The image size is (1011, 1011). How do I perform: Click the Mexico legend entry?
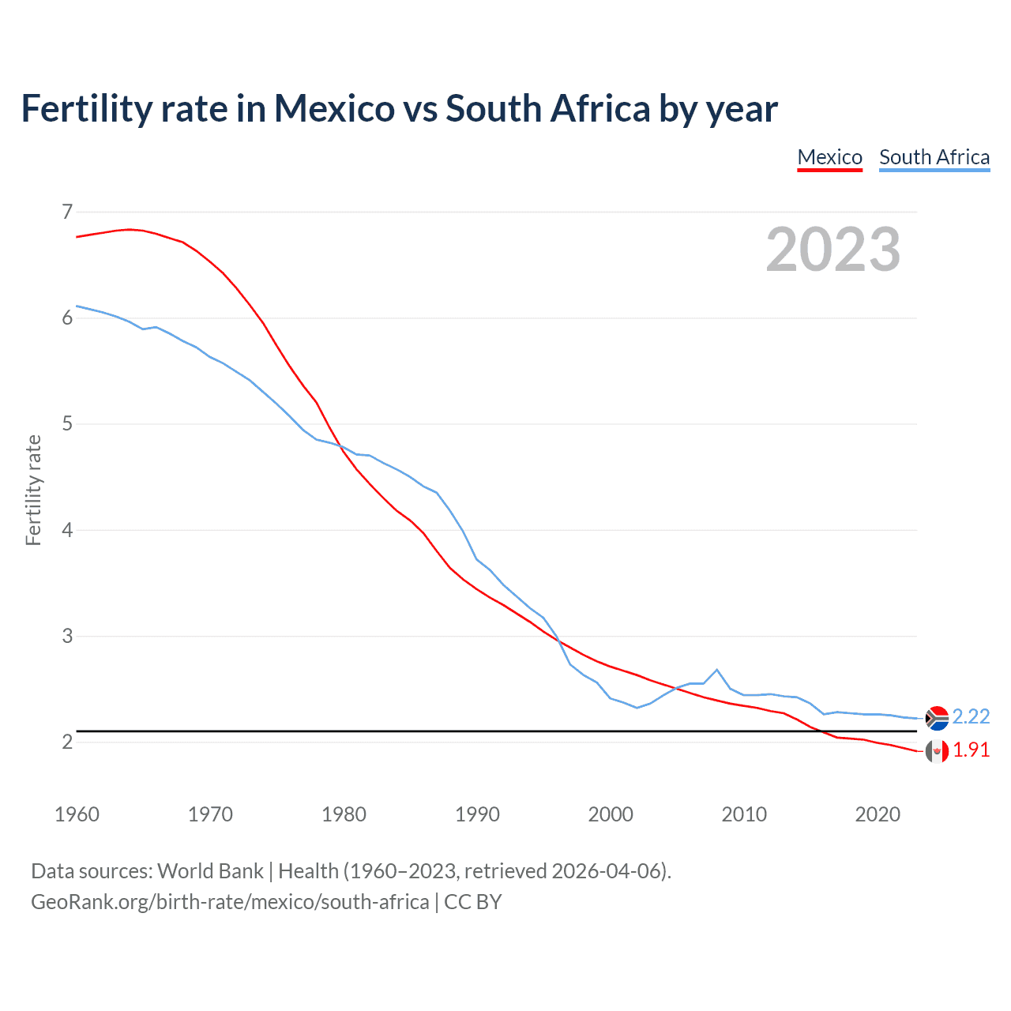click(x=829, y=157)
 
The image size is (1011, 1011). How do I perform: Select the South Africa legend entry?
click(x=934, y=157)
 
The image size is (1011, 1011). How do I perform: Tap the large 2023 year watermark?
click(x=833, y=250)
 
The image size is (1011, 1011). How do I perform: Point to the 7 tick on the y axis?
click(x=67, y=212)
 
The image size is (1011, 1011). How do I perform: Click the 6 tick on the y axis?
click(x=67, y=318)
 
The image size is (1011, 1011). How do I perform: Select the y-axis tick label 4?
click(x=67, y=530)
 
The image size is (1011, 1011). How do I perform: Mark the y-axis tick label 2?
click(x=67, y=742)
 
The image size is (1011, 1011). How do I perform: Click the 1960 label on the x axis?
click(x=77, y=814)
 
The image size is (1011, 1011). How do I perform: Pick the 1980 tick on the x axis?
click(x=344, y=814)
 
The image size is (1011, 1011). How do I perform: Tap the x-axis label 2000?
click(x=611, y=814)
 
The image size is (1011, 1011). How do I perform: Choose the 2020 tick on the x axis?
click(x=878, y=814)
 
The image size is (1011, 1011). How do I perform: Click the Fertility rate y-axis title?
click(x=33, y=490)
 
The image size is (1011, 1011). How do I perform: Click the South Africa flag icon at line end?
click(x=937, y=718)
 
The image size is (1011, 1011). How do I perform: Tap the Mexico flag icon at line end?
click(x=937, y=751)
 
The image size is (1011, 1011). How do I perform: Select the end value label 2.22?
click(x=971, y=716)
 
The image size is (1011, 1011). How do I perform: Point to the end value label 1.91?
click(x=971, y=750)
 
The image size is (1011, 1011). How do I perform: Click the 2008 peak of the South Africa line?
click(x=717, y=670)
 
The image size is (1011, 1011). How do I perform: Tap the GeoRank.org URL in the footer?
click(x=230, y=901)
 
